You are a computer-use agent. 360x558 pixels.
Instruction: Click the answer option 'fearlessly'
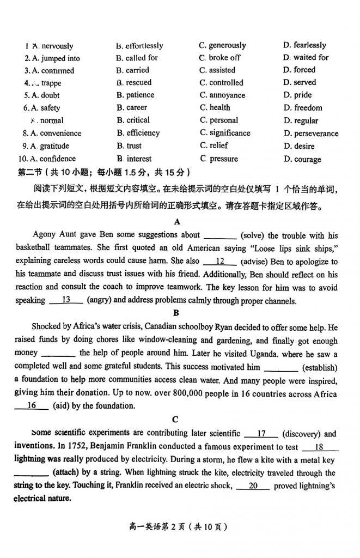click(x=309, y=45)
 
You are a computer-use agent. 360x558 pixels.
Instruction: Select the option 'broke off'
click(x=224, y=57)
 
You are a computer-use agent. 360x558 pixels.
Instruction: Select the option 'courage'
click(x=307, y=159)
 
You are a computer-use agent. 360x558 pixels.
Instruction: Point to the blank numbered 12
click(x=221, y=262)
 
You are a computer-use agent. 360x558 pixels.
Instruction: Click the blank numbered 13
click(x=66, y=300)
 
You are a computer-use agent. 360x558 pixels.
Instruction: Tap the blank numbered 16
click(x=31, y=405)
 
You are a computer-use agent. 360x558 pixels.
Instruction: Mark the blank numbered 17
click(x=261, y=434)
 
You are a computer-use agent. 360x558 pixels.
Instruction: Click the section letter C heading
click(x=174, y=419)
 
